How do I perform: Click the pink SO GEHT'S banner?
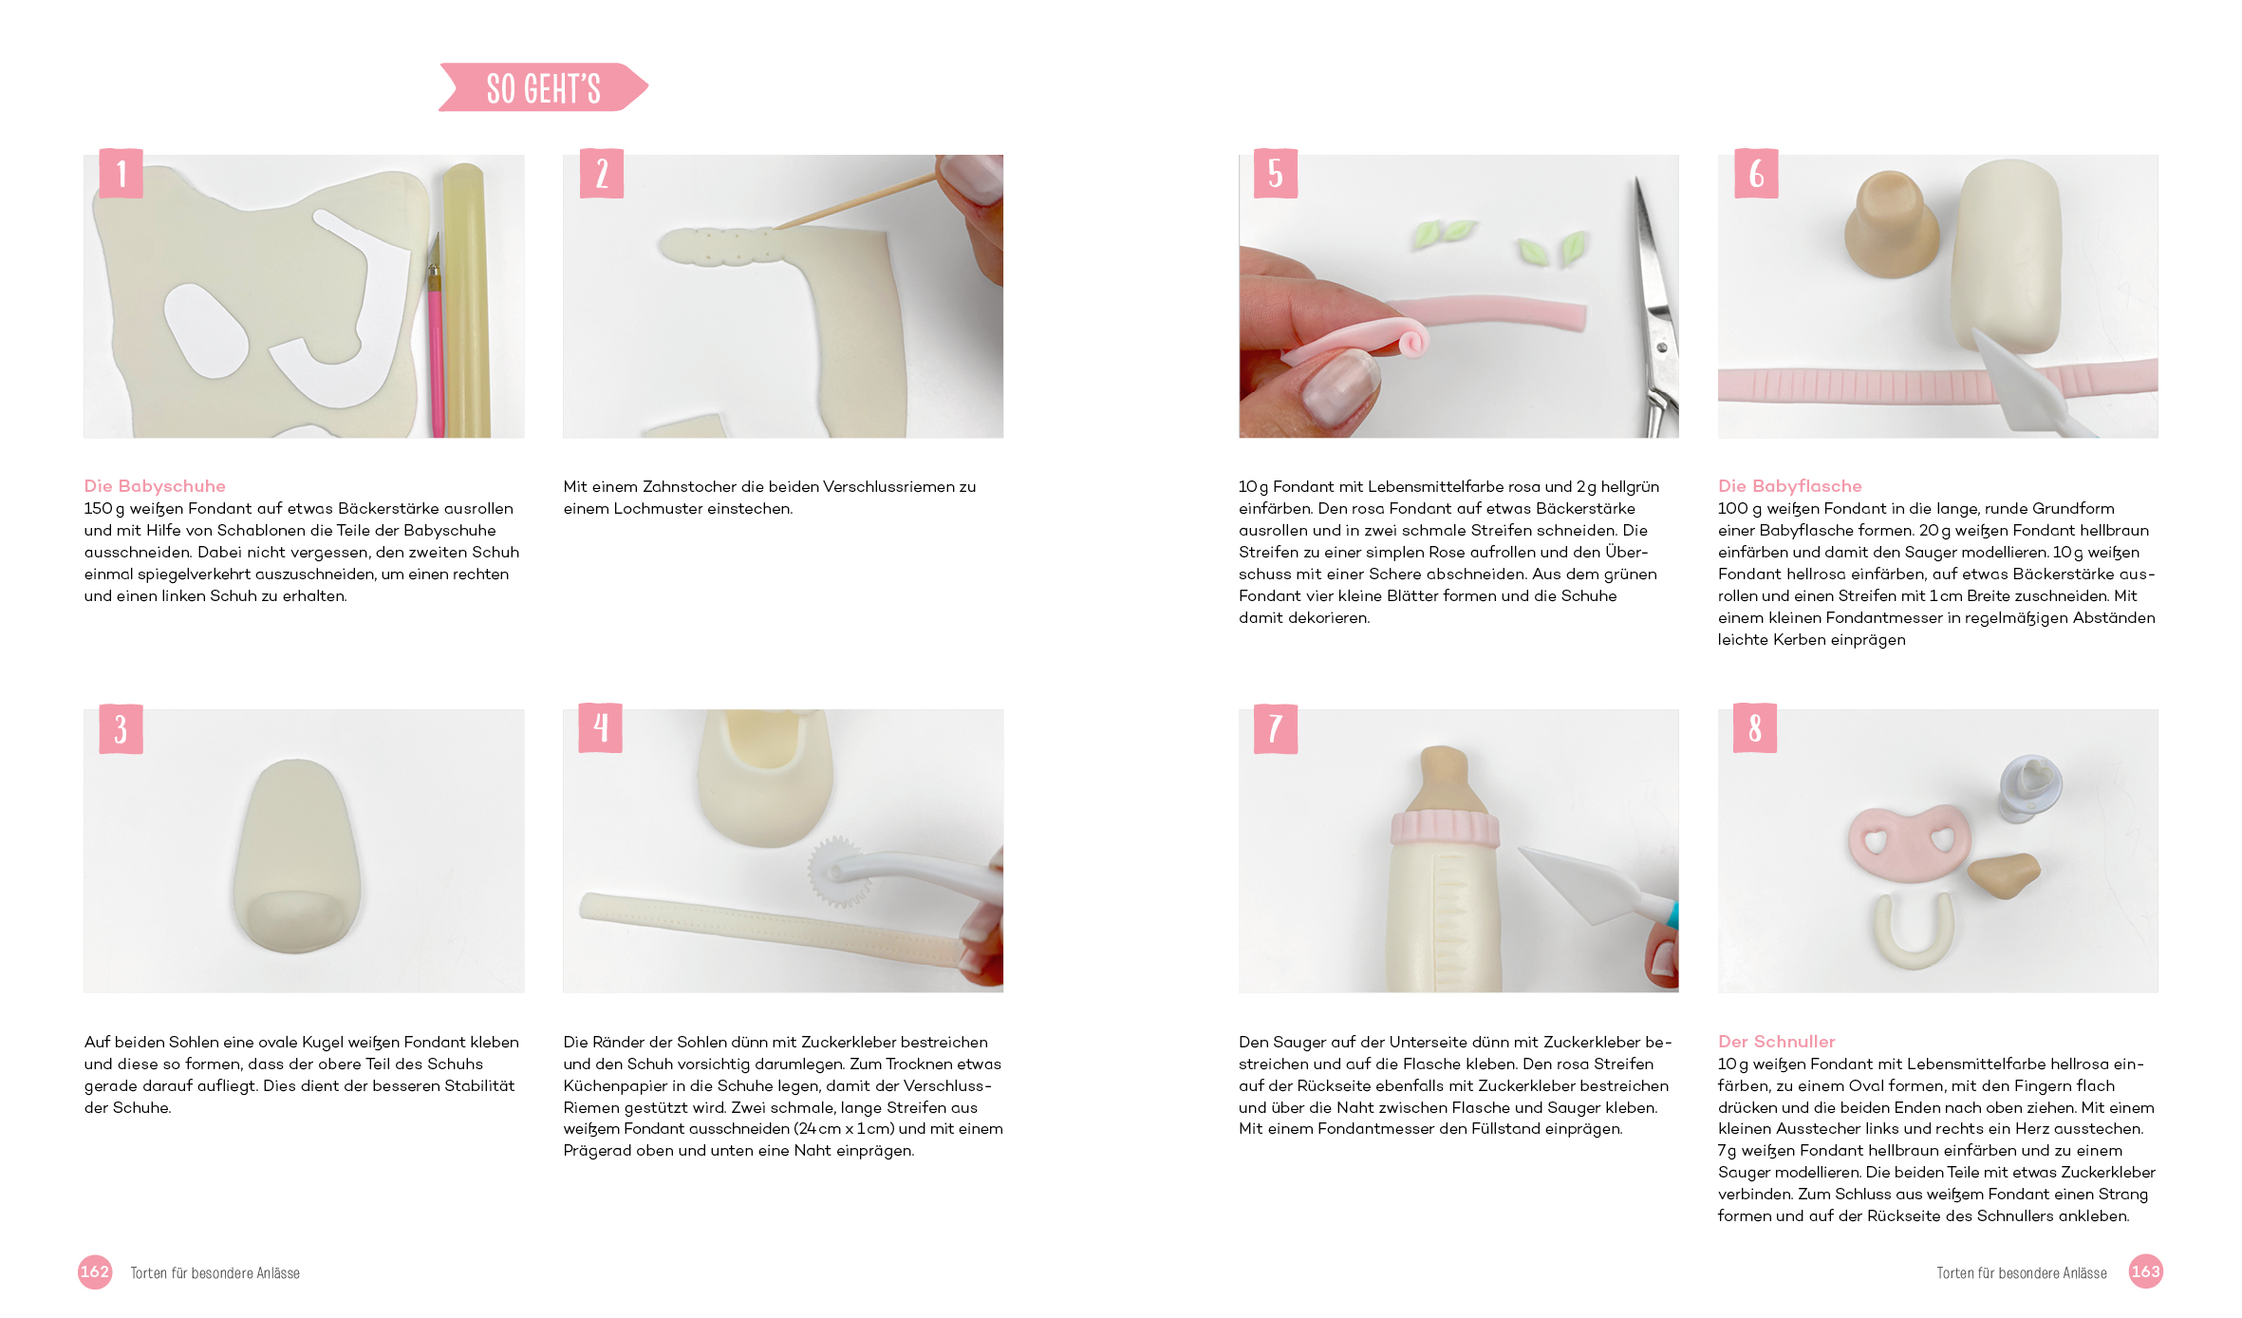[543, 87]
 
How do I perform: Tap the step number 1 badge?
[121, 173]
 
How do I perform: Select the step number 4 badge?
[601, 728]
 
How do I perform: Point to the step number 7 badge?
[1275, 728]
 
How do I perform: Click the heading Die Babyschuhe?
[155, 486]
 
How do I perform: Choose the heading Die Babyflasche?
[1789, 486]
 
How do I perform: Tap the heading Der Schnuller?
[1776, 1042]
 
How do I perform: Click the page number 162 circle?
[95, 1272]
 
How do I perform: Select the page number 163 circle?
[2145, 1272]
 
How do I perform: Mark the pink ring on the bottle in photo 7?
[1445, 828]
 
